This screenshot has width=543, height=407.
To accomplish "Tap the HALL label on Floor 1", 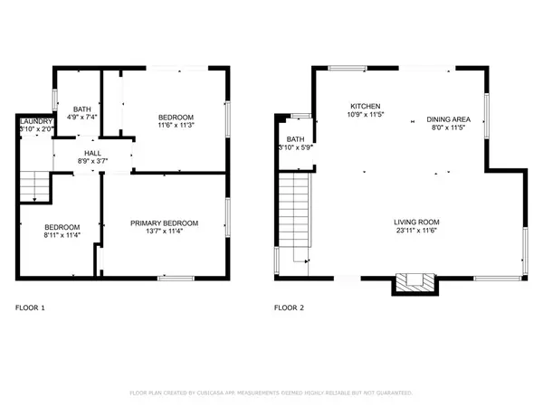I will (x=93, y=153).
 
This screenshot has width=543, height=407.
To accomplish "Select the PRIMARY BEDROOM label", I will (x=164, y=222).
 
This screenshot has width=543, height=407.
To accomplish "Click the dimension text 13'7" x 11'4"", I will (x=164, y=232).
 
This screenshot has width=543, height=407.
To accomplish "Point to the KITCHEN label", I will (x=365, y=106).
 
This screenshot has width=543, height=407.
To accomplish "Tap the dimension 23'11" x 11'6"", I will (x=416, y=231).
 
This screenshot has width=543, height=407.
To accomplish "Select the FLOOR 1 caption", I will (x=30, y=308).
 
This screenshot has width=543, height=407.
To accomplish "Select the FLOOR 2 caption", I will (x=290, y=308).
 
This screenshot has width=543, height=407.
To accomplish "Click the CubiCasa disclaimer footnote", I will (x=271, y=393).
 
